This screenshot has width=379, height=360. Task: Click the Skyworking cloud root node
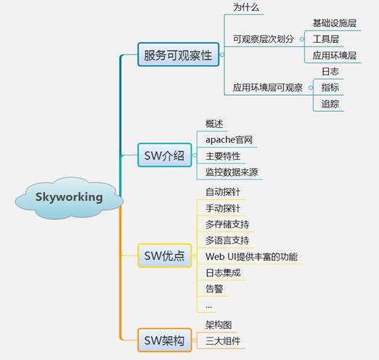(69, 198)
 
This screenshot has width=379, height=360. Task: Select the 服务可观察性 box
(179, 54)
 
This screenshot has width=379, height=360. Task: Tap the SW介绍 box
(165, 155)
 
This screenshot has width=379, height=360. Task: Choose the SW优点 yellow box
(165, 255)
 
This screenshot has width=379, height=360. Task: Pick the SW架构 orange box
(165, 340)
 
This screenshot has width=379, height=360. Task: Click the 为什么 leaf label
(246, 7)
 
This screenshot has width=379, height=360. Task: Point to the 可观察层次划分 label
(264, 39)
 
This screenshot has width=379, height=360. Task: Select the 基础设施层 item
(334, 23)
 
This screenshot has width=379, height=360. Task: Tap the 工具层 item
(325, 39)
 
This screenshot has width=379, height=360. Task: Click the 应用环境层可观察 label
(268, 88)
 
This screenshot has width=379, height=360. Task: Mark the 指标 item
(330, 88)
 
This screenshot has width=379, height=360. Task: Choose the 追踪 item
(330, 104)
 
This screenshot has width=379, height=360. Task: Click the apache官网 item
(229, 140)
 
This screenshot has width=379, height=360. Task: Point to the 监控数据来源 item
(232, 172)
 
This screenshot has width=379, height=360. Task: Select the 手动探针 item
(223, 208)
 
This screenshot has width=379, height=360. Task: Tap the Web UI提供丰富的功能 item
(251, 257)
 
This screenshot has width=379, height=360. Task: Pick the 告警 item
(214, 289)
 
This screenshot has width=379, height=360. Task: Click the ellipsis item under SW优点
(208, 307)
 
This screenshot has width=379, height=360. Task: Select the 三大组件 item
(223, 341)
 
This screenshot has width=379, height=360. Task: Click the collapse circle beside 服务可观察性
(222, 54)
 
